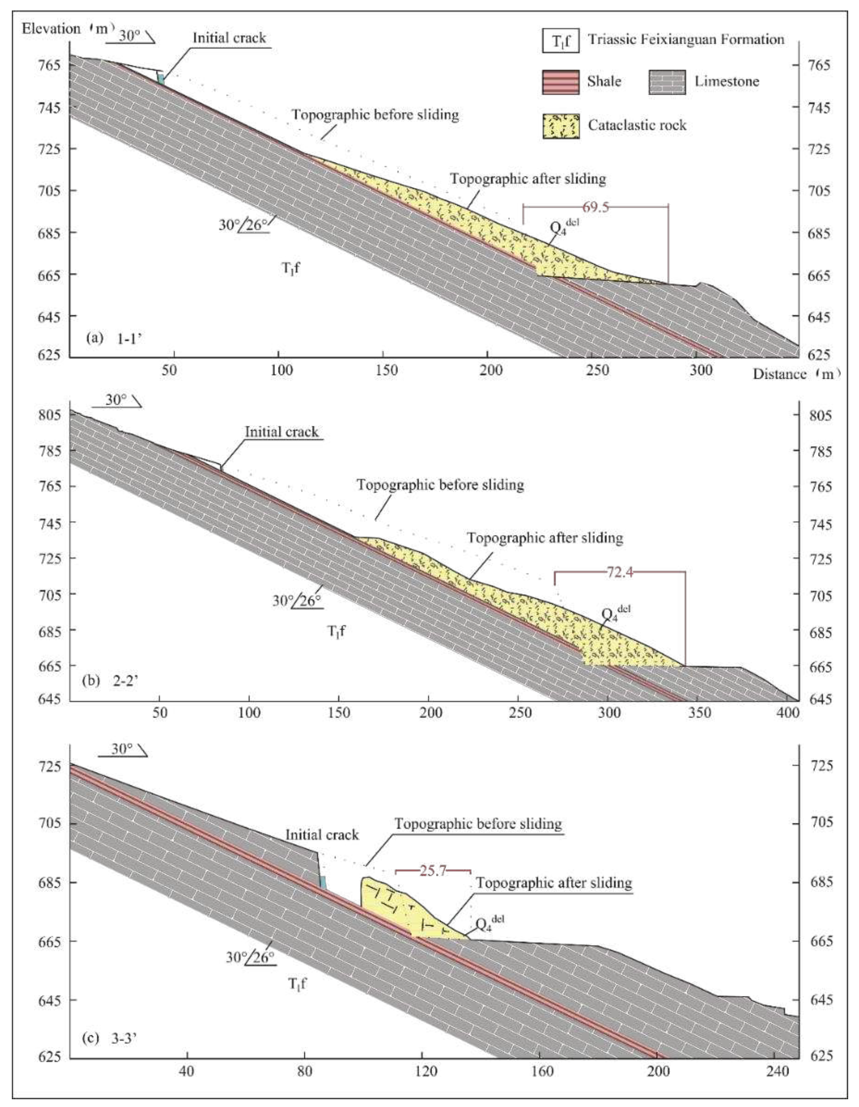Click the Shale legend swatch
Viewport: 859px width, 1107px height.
pyautogui.click(x=560, y=82)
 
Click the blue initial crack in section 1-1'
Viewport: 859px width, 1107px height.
pyautogui.click(x=160, y=80)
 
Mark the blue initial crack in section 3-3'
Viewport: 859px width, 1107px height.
pyautogui.click(x=323, y=881)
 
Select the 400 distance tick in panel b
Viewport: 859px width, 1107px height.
pyautogui.click(x=789, y=713)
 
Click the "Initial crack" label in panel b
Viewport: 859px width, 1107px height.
pyautogui.click(x=282, y=432)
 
